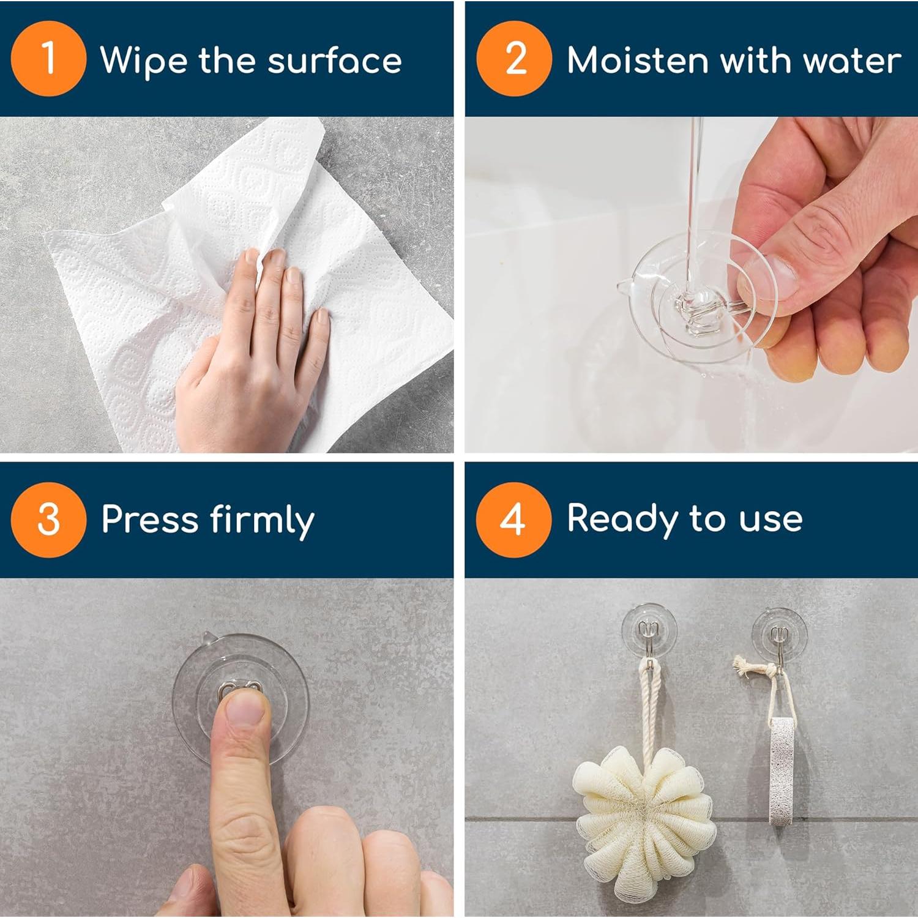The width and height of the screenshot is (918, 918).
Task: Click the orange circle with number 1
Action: point(48,59)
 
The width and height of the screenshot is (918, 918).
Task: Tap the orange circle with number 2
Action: point(514,59)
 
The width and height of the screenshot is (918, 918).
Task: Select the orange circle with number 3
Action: point(48,520)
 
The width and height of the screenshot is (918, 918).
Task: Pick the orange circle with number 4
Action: point(513,520)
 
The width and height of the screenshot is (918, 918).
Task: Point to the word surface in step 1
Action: point(335,61)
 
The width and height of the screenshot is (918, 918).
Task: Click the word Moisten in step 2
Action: point(637,61)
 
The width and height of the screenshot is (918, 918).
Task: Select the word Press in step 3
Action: point(150,520)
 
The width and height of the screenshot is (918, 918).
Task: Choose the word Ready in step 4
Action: point(622,519)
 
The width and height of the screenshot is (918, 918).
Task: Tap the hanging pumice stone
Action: point(780,771)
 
